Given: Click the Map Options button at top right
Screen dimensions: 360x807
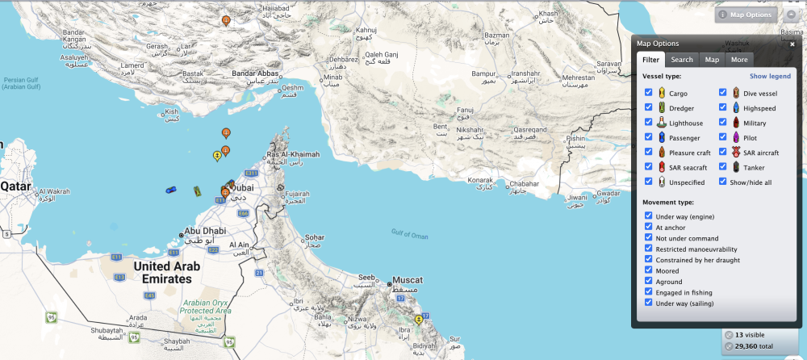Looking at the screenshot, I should click(x=746, y=15).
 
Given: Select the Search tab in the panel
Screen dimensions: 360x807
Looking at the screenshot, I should click(x=682, y=59).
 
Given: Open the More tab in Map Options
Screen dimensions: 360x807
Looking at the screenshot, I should click(x=739, y=59).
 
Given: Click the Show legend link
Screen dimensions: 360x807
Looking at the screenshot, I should click(x=770, y=76).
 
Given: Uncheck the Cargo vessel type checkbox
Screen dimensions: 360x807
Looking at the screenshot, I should click(x=649, y=94).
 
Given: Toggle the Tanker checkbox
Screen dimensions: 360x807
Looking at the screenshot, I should click(x=723, y=167).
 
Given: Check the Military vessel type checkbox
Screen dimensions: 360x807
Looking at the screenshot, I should click(x=723, y=123).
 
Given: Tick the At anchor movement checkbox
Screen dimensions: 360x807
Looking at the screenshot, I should click(x=649, y=227).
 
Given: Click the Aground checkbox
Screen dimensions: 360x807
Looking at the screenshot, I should click(x=649, y=281).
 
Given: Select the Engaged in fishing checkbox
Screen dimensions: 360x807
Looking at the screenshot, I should click(x=649, y=291).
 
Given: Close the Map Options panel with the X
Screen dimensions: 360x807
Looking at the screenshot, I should click(x=792, y=44).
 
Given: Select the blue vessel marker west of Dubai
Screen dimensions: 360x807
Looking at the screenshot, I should click(x=171, y=190).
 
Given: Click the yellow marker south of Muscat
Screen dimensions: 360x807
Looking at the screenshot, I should click(x=418, y=320).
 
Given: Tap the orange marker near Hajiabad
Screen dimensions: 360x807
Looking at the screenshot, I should click(x=225, y=19).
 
